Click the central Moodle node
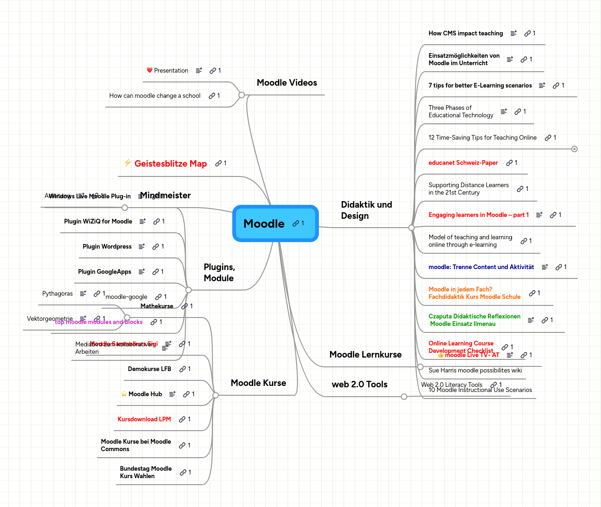click(x=264, y=224)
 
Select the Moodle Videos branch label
click(x=287, y=83)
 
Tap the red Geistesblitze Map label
click(x=170, y=164)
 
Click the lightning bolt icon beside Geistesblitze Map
click(x=128, y=162)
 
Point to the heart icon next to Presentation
click(x=149, y=70)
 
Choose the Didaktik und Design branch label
click(x=366, y=210)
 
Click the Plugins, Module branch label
click(x=219, y=273)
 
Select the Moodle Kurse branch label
click(x=258, y=383)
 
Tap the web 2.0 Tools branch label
click(x=359, y=385)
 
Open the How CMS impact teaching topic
click(x=466, y=34)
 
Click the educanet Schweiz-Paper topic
click(x=463, y=163)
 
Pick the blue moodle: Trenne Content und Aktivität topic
click(x=481, y=267)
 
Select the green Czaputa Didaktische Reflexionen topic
click(x=474, y=320)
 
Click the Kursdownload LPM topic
click(x=144, y=419)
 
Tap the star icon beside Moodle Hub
click(x=124, y=394)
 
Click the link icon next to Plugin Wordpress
click(x=156, y=247)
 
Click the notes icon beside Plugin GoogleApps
click(x=142, y=272)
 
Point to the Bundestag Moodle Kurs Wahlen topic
click(x=146, y=473)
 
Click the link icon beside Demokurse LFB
click(x=182, y=369)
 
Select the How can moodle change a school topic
click(x=155, y=96)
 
